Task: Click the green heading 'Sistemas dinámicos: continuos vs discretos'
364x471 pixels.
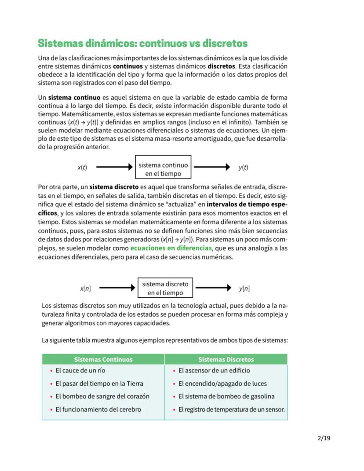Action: point(142,44)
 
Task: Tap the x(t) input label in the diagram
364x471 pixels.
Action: point(82,167)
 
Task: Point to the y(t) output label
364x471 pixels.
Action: point(244,167)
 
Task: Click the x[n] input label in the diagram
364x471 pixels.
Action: point(85,288)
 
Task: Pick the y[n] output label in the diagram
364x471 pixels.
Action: point(244,288)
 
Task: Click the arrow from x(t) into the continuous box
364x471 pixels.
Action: point(114,167)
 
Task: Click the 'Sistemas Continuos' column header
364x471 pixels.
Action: point(103,359)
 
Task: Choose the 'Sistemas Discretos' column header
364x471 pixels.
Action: point(226,359)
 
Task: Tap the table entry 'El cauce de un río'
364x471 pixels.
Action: point(80,370)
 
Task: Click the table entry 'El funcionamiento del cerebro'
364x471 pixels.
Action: point(98,409)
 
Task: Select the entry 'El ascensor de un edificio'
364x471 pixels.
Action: point(214,370)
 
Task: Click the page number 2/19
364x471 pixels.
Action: point(324,438)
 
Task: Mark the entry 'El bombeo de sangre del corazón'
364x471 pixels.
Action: point(102,396)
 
